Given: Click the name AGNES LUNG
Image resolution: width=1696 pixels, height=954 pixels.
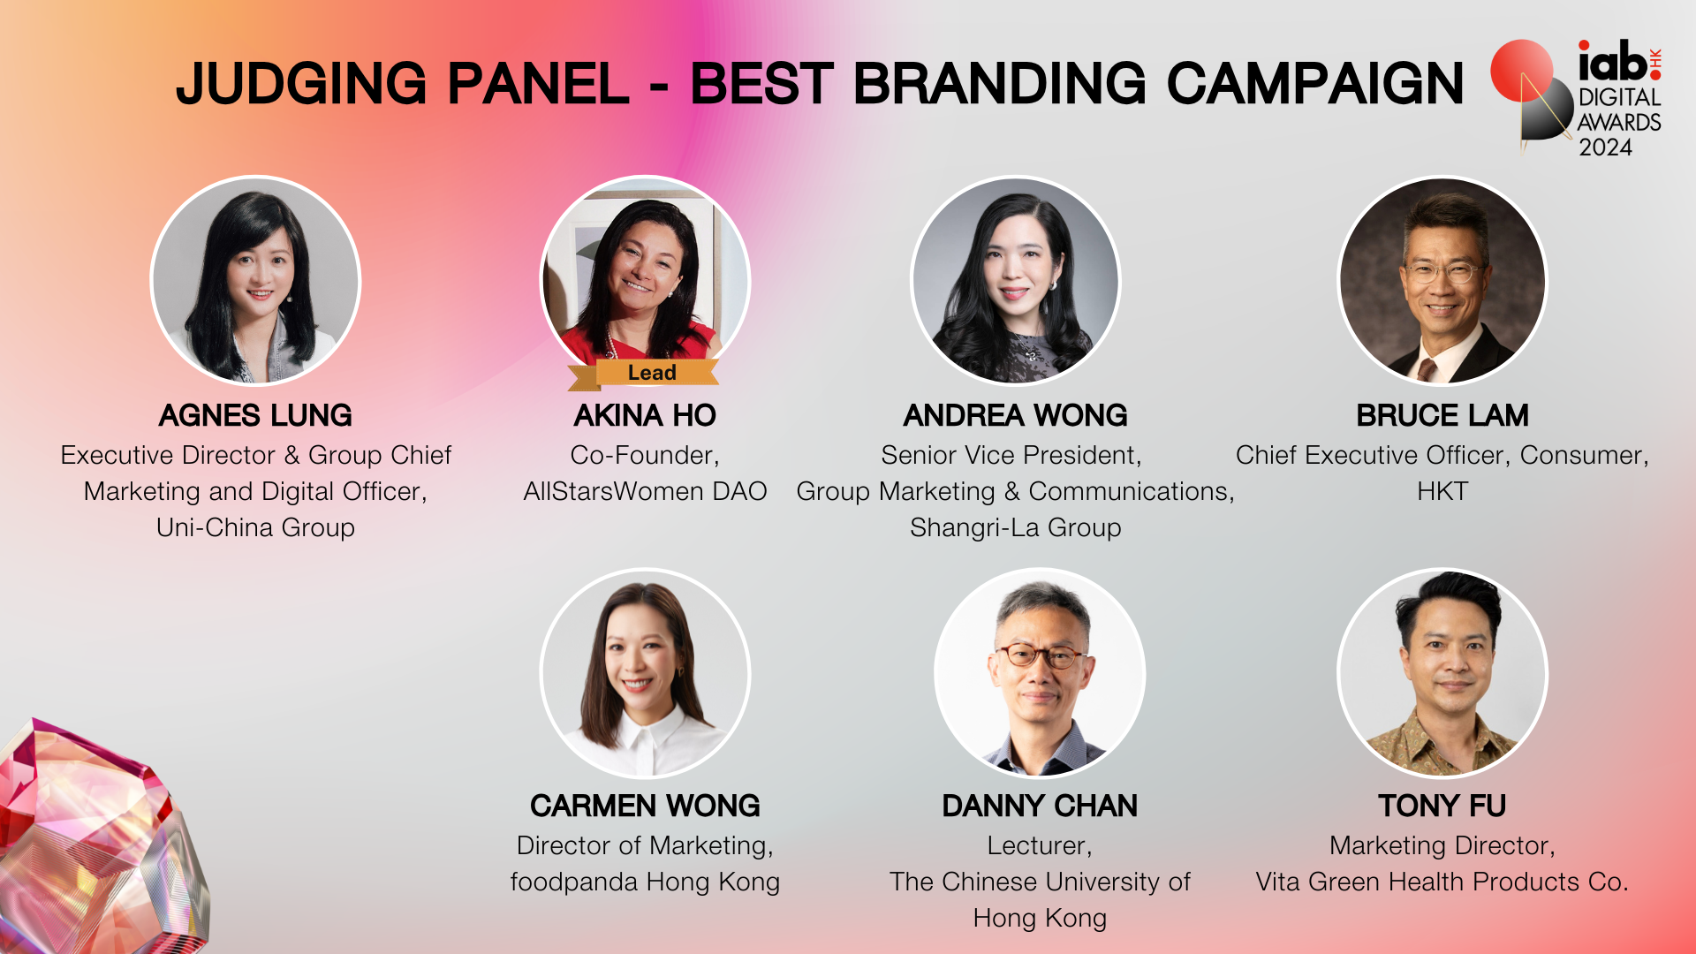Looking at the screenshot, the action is point(255,415).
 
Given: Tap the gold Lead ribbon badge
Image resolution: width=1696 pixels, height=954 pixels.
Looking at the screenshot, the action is point(644,374).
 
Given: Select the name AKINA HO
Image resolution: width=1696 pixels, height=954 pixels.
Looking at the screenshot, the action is point(645,415).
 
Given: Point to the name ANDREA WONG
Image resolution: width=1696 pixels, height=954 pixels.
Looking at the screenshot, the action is point(1015,415).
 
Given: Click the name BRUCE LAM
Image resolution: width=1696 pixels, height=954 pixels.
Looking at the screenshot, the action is point(1442,415).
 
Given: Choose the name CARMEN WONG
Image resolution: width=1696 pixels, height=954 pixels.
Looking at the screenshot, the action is point(645,806).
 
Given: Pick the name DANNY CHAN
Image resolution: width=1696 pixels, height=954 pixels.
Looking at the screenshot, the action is point(1040,806).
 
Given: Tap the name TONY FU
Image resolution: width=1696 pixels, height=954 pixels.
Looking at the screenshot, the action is point(1442,806).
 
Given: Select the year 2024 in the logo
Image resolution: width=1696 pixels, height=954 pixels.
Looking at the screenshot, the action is point(1606,148).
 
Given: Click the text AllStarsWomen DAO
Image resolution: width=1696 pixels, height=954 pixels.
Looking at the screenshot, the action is point(645,491).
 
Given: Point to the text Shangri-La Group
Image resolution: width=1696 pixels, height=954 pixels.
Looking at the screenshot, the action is point(1016,528).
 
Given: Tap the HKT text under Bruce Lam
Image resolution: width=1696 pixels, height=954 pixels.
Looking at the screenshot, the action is point(1442,491).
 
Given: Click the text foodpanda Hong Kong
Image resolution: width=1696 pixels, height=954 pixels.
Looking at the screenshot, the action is point(645,882).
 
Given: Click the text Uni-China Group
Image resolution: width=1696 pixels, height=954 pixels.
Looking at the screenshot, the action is point(255,528).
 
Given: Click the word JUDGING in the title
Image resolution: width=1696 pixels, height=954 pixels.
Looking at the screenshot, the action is point(300,84).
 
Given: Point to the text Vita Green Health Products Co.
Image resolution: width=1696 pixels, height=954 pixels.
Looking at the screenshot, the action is point(1442,882).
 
